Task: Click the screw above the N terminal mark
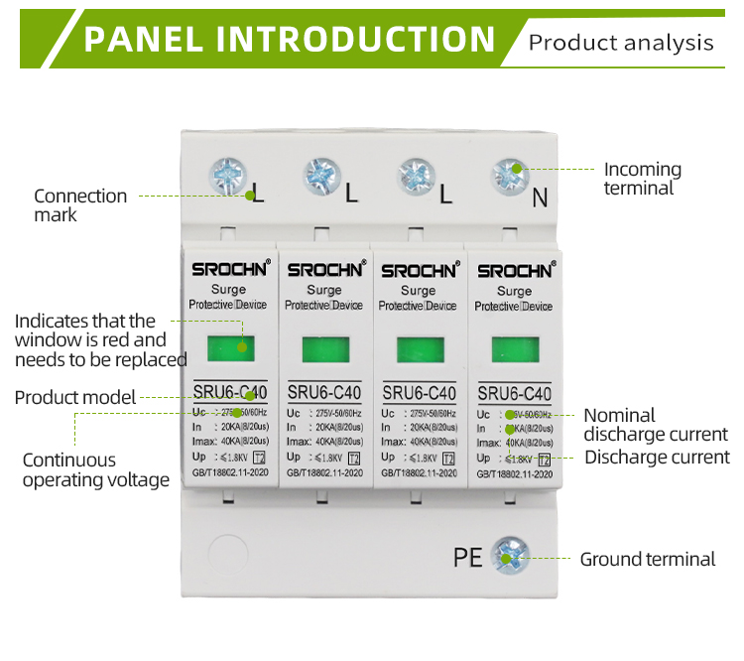pos(511,176)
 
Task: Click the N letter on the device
pos(540,198)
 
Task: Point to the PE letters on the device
pos(468,557)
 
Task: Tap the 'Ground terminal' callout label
pos(647,559)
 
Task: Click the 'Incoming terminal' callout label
pos(643,179)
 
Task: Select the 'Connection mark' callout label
pos(80,205)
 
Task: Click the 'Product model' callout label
pos(74,398)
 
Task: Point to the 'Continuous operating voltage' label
pos(96,470)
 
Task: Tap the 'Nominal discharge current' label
pos(655,425)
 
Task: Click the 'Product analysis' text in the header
pos(621,43)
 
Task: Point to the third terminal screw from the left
pos(417,176)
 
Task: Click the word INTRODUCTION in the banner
pos(356,39)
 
